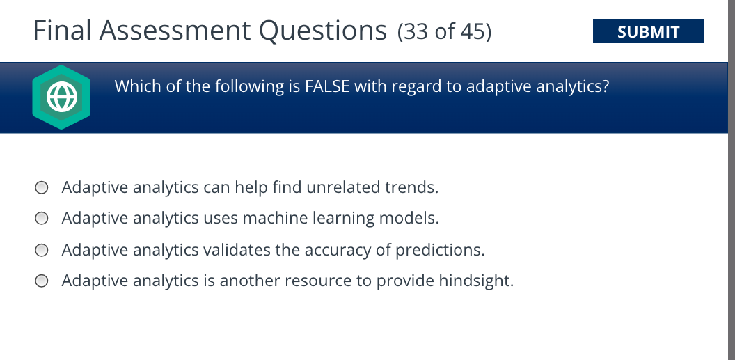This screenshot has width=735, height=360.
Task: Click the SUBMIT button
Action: click(648, 31)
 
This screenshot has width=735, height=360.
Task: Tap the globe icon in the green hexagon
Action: click(61, 97)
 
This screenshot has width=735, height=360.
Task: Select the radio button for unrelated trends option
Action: click(42, 187)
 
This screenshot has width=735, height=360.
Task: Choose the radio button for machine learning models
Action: click(42, 219)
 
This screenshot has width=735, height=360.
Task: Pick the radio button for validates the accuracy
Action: click(42, 250)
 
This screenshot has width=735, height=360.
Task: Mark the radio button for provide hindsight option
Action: click(42, 281)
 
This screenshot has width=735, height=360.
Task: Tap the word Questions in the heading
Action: click(323, 31)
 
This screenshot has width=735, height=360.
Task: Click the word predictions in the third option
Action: click(439, 250)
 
